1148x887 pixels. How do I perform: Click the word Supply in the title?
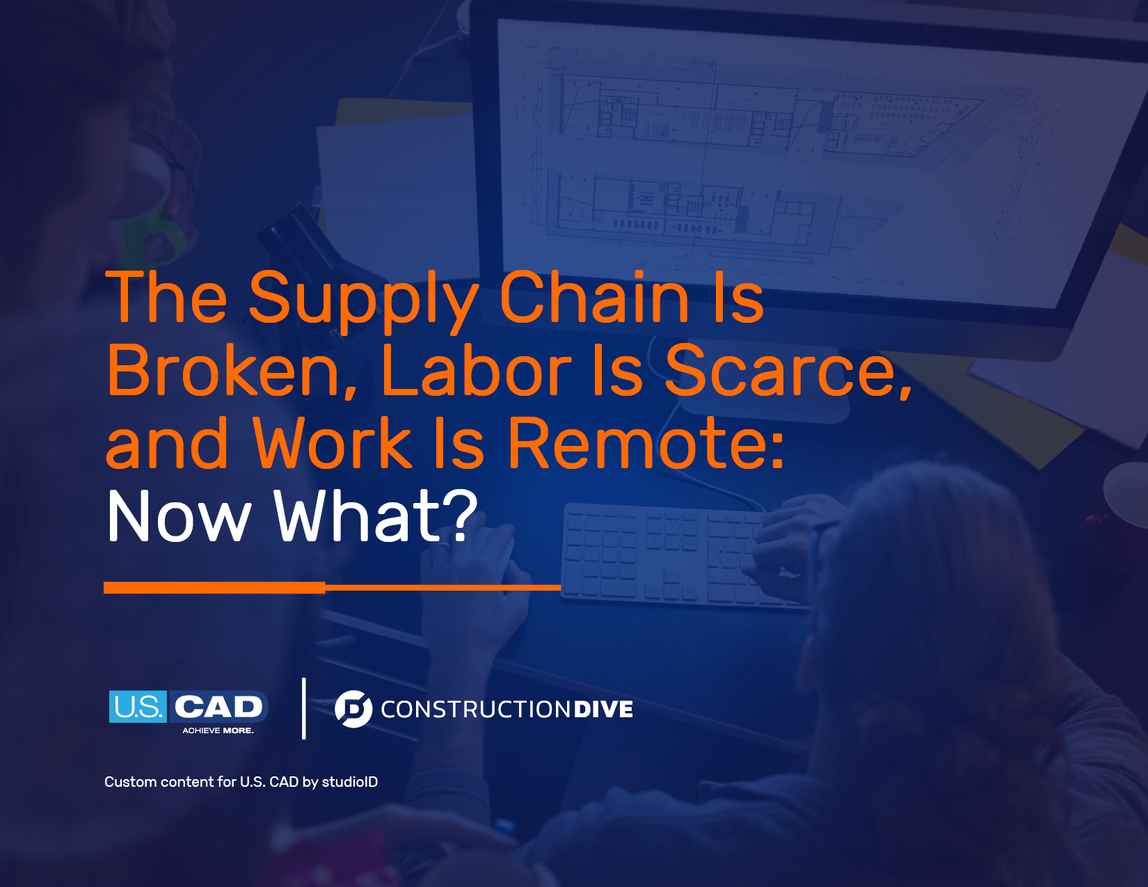point(364,301)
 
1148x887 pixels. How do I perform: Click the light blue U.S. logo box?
point(138,706)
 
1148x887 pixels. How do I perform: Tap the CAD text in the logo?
point(218,707)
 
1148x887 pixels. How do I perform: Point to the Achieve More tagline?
point(218,730)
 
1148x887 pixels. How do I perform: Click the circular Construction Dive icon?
point(353,709)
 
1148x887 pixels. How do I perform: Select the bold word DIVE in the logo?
point(603,710)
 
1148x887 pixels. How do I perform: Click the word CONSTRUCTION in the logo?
point(475,710)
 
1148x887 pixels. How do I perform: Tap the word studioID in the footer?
point(350,782)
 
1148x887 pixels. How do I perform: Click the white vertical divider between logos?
point(304,708)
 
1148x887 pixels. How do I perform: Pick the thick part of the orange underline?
point(214,587)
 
